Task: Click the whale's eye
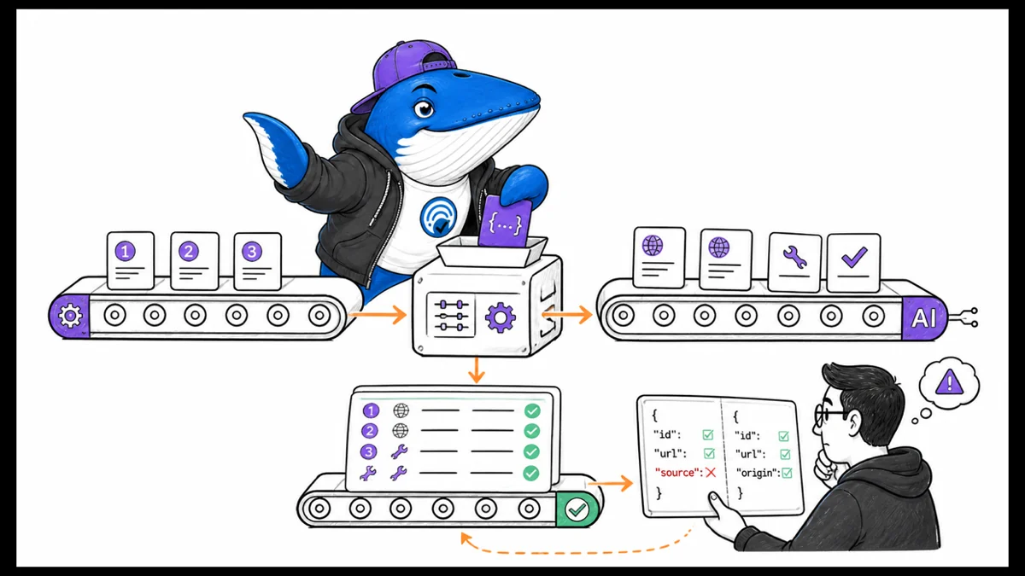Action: click(425, 108)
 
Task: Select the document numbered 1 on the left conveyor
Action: click(131, 260)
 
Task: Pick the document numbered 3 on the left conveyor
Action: click(257, 261)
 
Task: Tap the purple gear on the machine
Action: click(501, 317)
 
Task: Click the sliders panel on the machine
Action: click(451, 316)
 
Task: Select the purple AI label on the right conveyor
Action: click(923, 317)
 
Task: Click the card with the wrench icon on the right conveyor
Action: click(794, 262)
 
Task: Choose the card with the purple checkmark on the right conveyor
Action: click(854, 263)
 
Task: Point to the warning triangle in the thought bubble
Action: click(950, 381)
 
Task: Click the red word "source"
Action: click(677, 472)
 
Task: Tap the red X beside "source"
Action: click(710, 472)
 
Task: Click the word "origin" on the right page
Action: click(757, 473)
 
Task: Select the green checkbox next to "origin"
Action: click(787, 473)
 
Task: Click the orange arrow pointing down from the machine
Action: click(477, 369)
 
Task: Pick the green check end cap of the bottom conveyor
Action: click(577, 509)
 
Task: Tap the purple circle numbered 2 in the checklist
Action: click(369, 431)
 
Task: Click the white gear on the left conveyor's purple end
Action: click(70, 315)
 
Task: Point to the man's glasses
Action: click(830, 414)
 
